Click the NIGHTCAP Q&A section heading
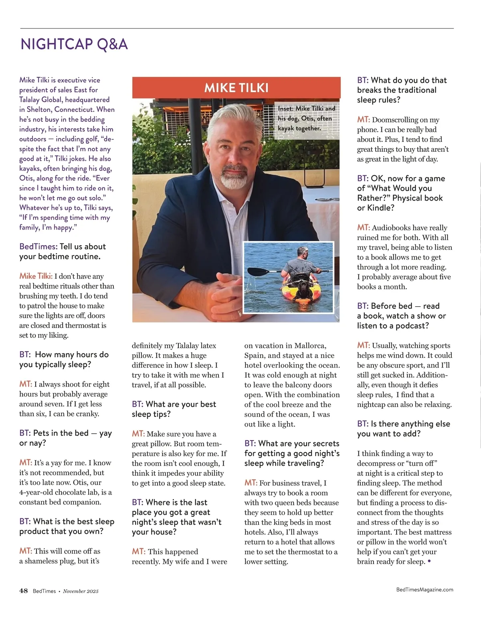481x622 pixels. pyautogui.click(x=74, y=44)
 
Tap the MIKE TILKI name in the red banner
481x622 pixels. pyautogui.click(x=236, y=88)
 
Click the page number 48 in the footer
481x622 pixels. pyautogui.click(x=24, y=591)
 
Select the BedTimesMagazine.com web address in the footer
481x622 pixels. pyautogui.click(x=424, y=590)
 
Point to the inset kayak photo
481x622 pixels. pyautogui.click(x=289, y=277)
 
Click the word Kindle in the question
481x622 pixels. pyautogui.click(x=380, y=208)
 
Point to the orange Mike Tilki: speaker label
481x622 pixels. pyautogui.click(x=36, y=276)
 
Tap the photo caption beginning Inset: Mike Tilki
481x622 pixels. pyautogui.click(x=306, y=118)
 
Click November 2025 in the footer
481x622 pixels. pyautogui.click(x=81, y=591)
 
